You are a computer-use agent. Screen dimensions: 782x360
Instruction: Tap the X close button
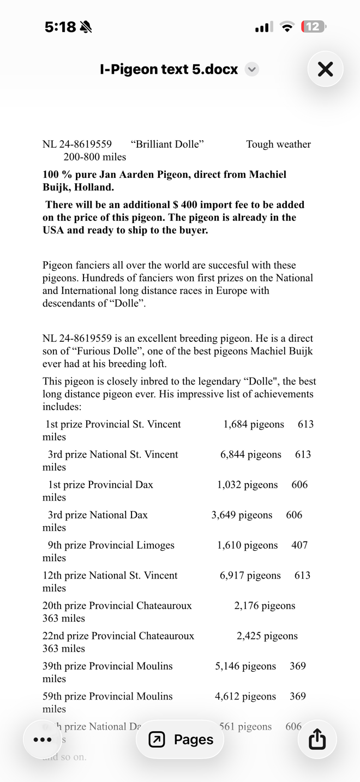click(x=325, y=69)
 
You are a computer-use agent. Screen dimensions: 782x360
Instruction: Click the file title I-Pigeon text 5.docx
click(x=169, y=69)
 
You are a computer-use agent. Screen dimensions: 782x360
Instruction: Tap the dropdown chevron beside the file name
click(x=251, y=69)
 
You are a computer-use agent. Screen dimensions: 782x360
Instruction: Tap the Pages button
click(x=181, y=739)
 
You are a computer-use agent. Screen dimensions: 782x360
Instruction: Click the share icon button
click(x=317, y=739)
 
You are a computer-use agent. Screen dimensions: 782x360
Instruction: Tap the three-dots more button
click(x=43, y=739)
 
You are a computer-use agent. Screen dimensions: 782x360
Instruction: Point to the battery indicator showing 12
click(x=313, y=27)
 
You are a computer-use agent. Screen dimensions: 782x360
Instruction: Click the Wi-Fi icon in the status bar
click(x=287, y=27)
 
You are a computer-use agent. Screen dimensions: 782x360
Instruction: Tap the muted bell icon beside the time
click(x=86, y=27)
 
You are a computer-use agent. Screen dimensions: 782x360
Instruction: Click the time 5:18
click(x=60, y=27)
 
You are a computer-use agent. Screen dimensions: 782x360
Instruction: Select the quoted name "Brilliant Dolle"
click(x=167, y=144)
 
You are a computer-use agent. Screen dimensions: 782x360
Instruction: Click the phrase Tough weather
click(x=278, y=144)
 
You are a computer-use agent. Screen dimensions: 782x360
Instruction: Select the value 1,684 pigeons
click(x=254, y=424)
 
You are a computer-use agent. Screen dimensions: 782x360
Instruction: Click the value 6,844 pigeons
click(x=251, y=454)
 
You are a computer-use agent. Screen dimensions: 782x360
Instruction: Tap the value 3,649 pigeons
click(x=242, y=515)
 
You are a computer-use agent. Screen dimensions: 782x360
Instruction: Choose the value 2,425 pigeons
click(x=267, y=636)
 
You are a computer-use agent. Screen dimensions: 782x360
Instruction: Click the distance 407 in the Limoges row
click(x=299, y=545)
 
